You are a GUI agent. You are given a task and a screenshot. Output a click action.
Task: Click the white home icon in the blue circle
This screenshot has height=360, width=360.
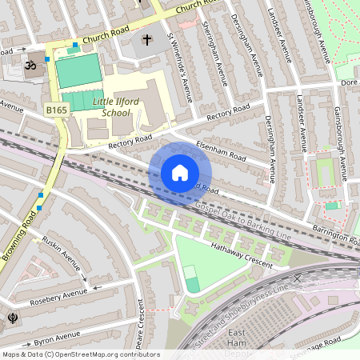tap(179, 173)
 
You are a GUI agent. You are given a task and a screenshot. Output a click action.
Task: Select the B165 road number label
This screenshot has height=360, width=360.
tap(56, 110)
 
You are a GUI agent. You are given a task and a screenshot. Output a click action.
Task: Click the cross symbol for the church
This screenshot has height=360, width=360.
tap(146, 39)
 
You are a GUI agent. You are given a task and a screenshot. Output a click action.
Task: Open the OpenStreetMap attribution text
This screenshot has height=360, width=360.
tap(81, 354)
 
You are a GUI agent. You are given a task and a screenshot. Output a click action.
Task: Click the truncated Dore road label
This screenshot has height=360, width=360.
tap(348, 82)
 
